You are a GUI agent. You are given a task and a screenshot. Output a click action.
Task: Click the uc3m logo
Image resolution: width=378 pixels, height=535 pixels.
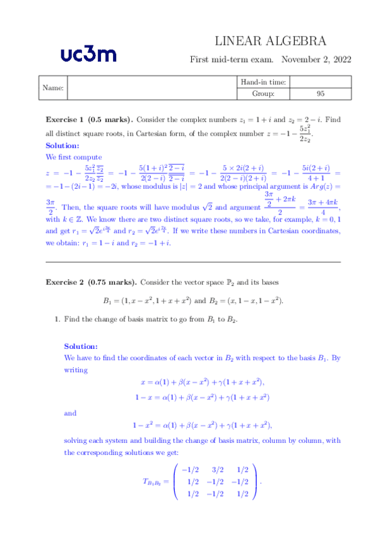coord(88,54)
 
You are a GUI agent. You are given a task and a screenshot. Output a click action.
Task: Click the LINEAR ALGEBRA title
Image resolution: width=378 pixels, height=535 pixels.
coord(271,42)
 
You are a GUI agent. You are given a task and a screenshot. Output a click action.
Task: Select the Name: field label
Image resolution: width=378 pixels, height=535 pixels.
coord(52,88)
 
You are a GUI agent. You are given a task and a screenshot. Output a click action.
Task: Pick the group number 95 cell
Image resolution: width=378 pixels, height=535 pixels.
coord(321,94)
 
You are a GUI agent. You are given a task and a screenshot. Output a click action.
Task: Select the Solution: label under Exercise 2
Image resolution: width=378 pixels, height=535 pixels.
coord(81,346)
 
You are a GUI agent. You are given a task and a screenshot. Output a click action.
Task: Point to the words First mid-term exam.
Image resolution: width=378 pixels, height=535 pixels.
coord(232,59)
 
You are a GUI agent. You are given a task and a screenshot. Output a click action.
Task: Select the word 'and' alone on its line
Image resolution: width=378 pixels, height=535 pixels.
coord(70,413)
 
